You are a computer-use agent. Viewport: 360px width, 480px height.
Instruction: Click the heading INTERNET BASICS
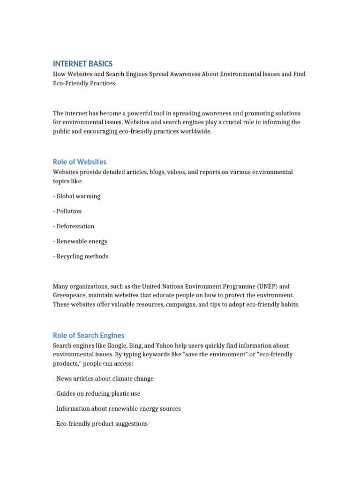(82, 64)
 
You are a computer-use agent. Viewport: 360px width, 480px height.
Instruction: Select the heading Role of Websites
(79, 162)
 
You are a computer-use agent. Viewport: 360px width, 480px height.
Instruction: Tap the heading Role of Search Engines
(88, 335)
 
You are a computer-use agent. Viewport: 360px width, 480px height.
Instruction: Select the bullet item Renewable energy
(80, 241)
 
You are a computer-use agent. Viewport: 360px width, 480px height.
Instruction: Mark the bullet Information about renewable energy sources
(117, 408)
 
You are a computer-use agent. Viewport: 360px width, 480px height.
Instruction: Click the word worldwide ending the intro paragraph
(195, 131)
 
